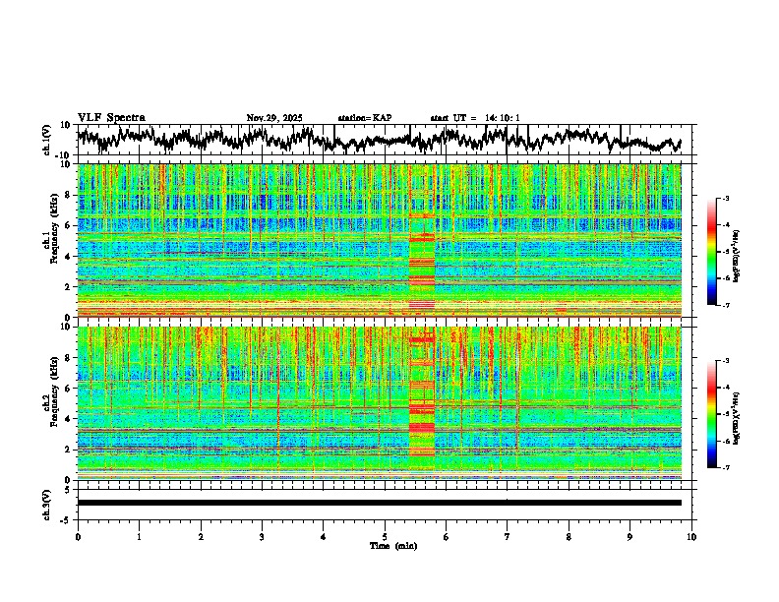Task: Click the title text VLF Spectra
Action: (x=111, y=117)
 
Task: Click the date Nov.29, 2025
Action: (x=274, y=118)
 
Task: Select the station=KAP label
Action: (x=364, y=118)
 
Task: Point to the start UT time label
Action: (x=475, y=118)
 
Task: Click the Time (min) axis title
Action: (x=392, y=545)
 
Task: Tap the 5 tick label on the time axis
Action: (x=385, y=536)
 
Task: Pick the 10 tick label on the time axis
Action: (x=691, y=536)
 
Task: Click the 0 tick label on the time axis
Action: (x=78, y=536)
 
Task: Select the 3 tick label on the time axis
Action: (x=262, y=536)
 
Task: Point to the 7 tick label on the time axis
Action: (x=508, y=536)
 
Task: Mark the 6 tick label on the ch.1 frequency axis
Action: (x=68, y=225)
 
